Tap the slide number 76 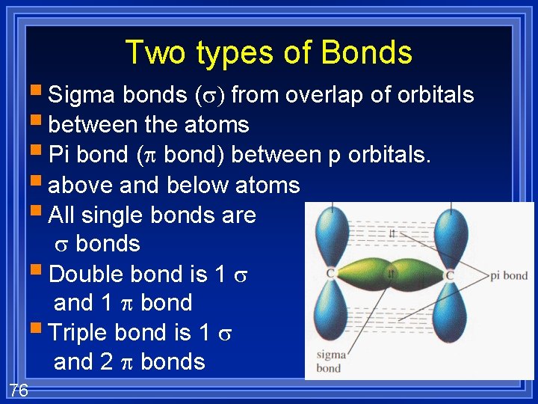[x=19, y=389]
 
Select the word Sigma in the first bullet [x=81, y=95]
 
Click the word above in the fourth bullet [x=81, y=185]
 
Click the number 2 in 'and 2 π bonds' [x=105, y=362]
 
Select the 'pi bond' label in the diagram [x=509, y=276]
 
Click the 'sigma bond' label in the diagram [x=329, y=361]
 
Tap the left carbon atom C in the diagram [x=330, y=275]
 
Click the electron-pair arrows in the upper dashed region [x=392, y=233]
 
